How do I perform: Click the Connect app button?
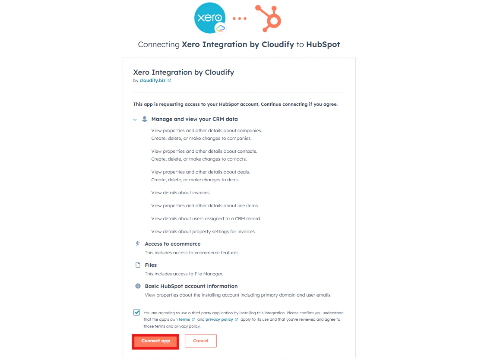pos(155,341)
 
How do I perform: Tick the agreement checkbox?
pos(137,313)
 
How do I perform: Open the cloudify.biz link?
pos(152,80)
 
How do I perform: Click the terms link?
pos(184,319)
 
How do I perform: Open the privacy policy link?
pos(219,319)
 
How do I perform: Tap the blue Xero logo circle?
pos(210,18)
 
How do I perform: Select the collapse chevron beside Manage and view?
pos(135,120)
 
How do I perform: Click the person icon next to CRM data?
pos(145,119)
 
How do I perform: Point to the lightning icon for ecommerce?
pos(138,243)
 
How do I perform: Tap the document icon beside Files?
pos(138,265)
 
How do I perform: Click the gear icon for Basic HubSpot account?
pos(138,286)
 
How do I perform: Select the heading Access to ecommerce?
pos(173,244)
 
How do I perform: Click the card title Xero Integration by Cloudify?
pos(184,72)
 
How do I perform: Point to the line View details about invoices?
pos(181,193)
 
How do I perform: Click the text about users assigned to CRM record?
pos(206,218)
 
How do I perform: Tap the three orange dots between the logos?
pos(240,19)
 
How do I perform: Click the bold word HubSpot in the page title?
pos(323,44)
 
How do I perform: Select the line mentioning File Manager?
pos(184,274)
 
